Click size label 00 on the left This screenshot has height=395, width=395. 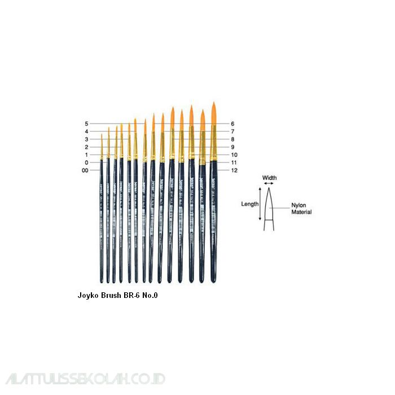[85, 170]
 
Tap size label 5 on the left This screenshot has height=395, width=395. [86, 124]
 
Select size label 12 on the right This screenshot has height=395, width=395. [234, 170]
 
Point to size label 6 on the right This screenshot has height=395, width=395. [232, 124]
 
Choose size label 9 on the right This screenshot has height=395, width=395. [232, 147]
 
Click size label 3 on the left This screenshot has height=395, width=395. [86, 139]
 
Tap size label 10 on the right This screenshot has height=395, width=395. [234, 155]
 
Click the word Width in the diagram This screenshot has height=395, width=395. [269, 178]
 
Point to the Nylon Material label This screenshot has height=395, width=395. [301, 208]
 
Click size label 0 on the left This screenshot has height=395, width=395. [86, 163]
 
